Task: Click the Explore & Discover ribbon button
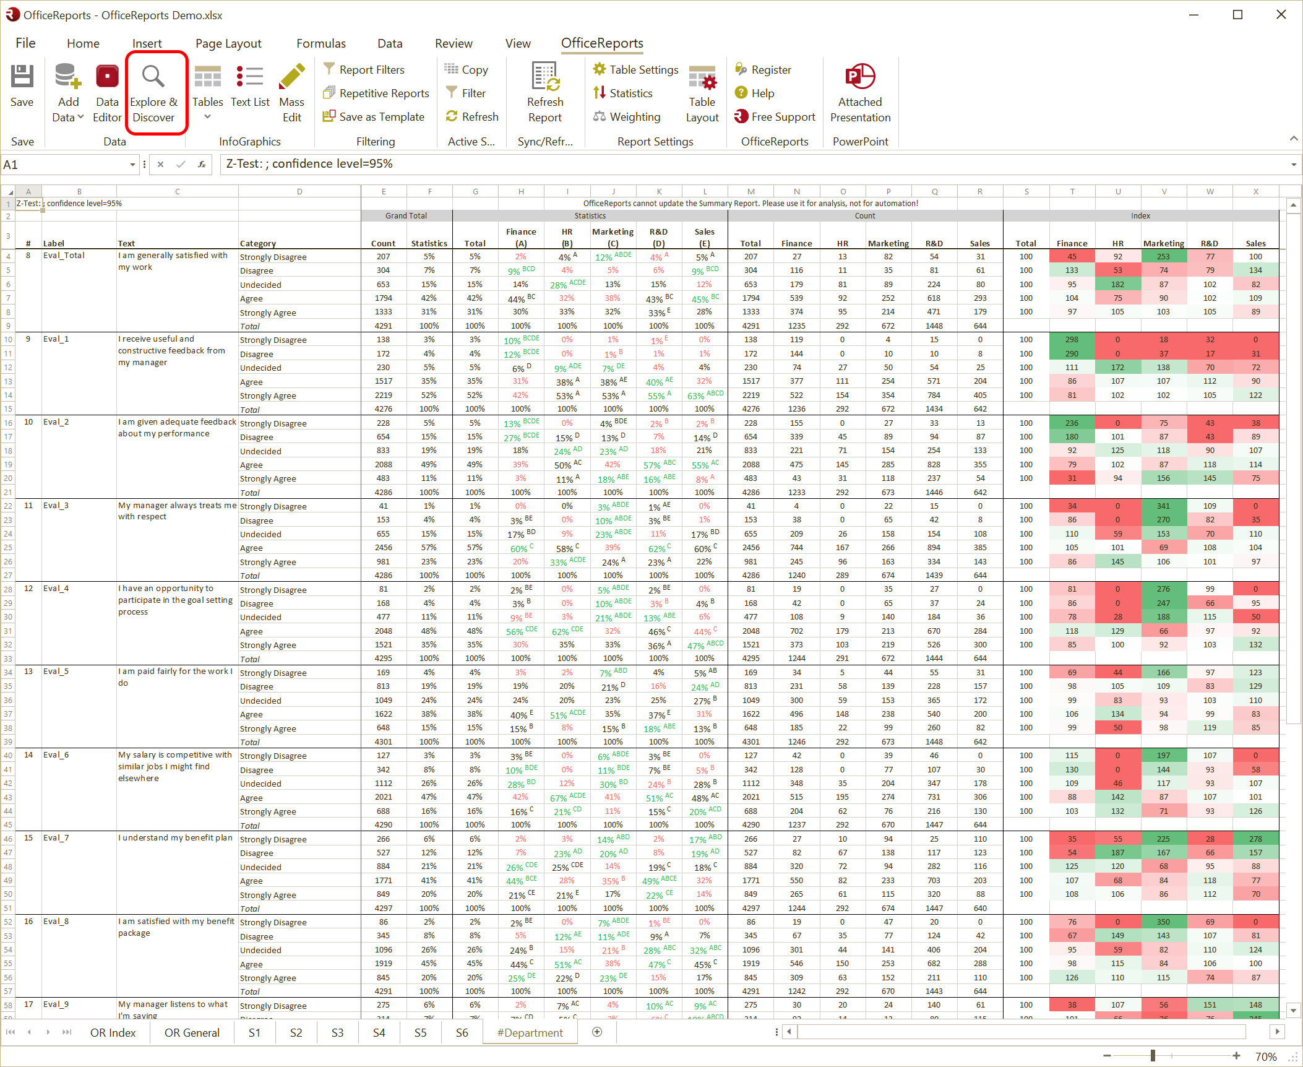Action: [153, 93]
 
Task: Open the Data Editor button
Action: [107, 93]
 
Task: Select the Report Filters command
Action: [371, 70]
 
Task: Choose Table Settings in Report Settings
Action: [635, 70]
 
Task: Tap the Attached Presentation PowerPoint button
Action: [860, 93]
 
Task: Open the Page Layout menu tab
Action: [228, 43]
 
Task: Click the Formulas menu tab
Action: [320, 43]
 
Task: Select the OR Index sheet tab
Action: [113, 1032]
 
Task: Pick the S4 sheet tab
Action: [379, 1032]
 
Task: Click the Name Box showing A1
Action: [65, 165]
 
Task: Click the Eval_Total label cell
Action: [64, 256]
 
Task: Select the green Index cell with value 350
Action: [1163, 922]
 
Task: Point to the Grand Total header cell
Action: [406, 216]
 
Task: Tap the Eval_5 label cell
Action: [56, 672]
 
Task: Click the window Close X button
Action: [1281, 15]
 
